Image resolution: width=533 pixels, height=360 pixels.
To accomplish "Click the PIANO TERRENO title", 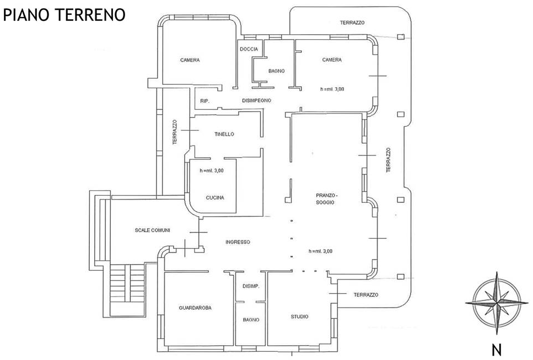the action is (x=64, y=15).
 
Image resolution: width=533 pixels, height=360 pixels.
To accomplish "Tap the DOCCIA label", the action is (x=249, y=49).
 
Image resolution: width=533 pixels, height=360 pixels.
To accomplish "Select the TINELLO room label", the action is (x=224, y=135).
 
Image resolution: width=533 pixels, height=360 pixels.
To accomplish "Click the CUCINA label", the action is (x=215, y=197).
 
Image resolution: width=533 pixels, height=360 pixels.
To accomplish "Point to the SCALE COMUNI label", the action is (x=152, y=230).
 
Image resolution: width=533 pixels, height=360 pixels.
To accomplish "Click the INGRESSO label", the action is (x=238, y=242).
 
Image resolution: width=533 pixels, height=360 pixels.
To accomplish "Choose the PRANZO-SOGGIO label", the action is (x=326, y=199).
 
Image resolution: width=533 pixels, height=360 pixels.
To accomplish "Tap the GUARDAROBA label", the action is (x=195, y=308).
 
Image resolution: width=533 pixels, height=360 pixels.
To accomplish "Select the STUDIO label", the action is (x=299, y=316).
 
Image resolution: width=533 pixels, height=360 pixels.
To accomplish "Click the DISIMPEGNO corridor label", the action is (x=257, y=101).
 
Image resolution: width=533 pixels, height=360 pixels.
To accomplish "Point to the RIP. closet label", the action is (x=204, y=101).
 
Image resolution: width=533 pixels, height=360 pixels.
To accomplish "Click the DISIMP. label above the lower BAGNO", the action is (x=251, y=286).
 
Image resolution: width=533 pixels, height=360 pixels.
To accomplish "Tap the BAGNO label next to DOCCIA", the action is (x=276, y=71).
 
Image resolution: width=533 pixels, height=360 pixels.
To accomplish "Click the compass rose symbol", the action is (x=497, y=303).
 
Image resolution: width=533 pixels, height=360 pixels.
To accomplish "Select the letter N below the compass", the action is (x=497, y=350).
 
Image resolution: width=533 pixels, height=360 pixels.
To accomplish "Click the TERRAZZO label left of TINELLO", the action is (x=175, y=132).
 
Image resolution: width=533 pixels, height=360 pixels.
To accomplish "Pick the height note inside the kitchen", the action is (x=212, y=171).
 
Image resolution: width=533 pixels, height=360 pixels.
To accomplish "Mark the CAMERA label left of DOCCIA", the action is (x=190, y=60).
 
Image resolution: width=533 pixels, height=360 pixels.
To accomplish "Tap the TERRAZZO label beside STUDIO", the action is (x=366, y=295).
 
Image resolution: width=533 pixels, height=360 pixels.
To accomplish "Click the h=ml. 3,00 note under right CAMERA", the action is (x=332, y=89).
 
